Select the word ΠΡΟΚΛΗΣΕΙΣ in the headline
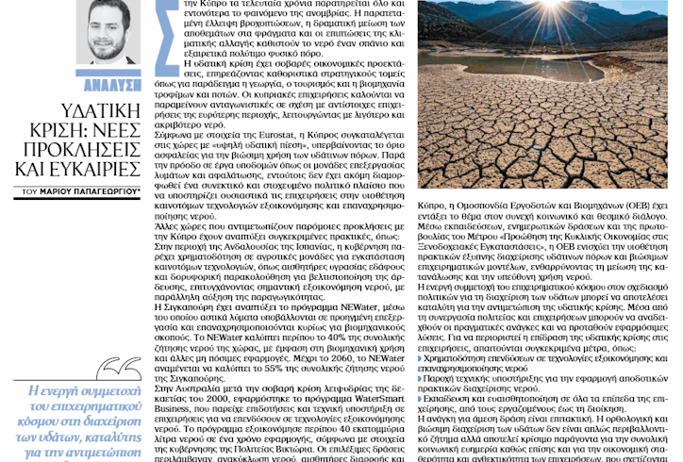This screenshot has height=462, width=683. (89, 150)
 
